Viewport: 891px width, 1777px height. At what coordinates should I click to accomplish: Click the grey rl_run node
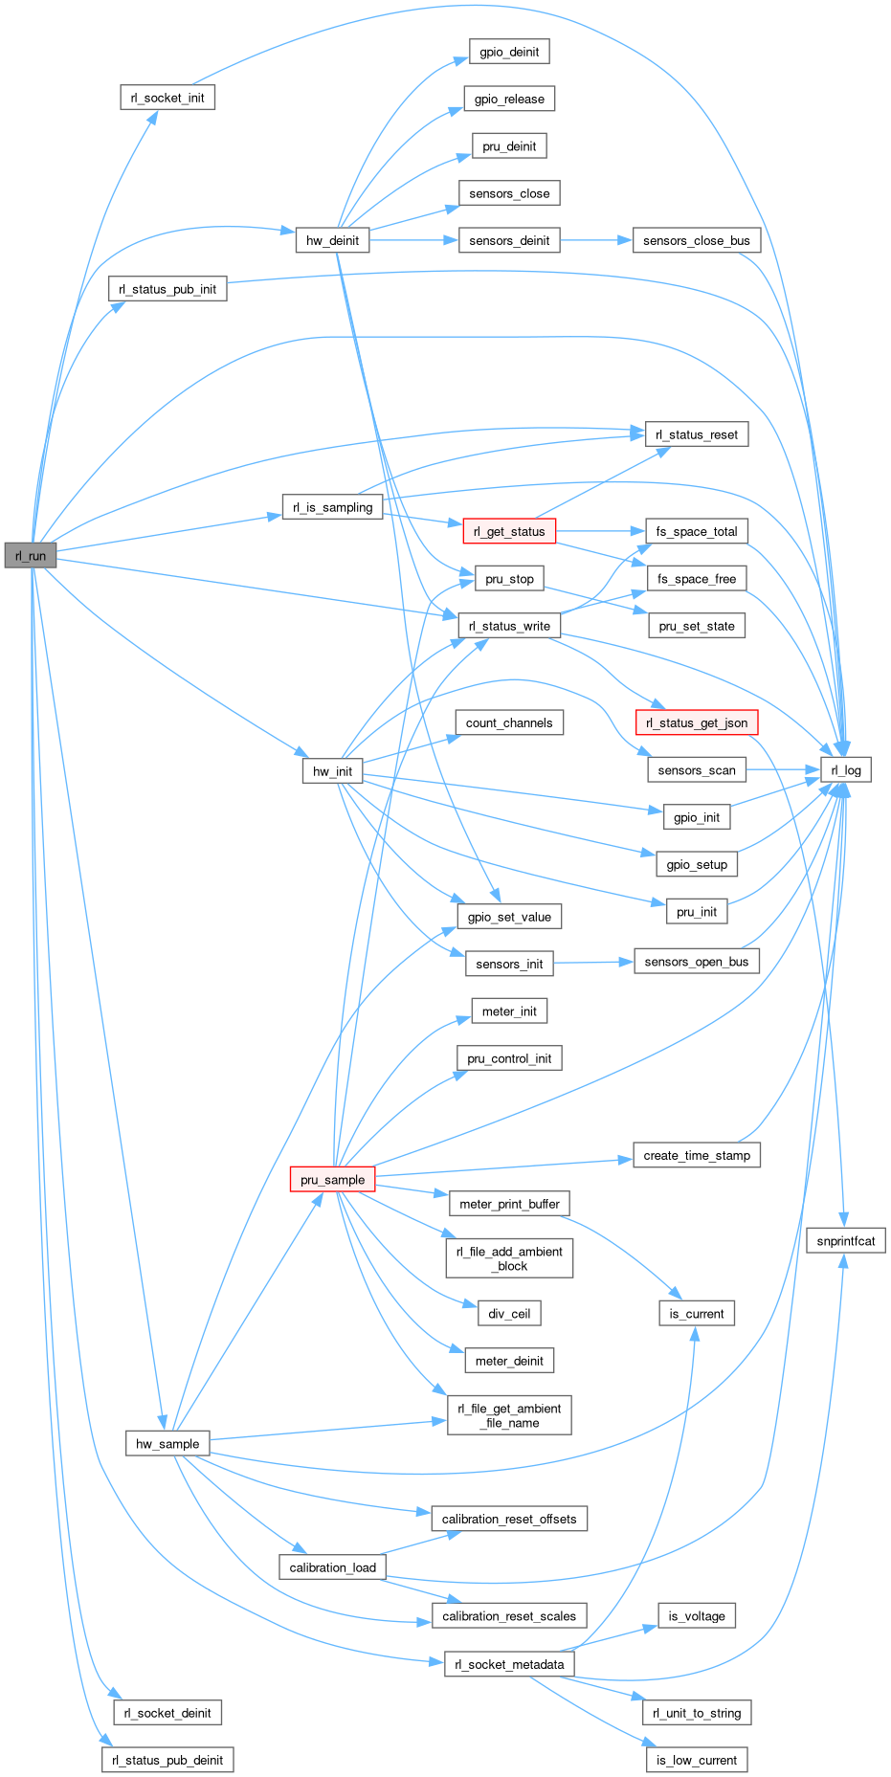pyautogui.click(x=31, y=555)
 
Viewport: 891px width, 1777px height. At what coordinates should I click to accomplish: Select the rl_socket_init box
pyautogui.click(x=167, y=98)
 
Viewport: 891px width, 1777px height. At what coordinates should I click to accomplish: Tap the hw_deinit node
pyautogui.click(x=332, y=240)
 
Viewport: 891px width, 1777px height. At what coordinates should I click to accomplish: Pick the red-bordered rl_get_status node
pyautogui.click(x=508, y=532)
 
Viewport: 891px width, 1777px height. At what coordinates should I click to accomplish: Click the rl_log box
pyautogui.click(x=845, y=769)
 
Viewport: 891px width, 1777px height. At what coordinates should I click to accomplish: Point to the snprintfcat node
pyautogui.click(x=846, y=1240)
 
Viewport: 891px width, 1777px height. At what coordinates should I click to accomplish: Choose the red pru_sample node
pyautogui.click(x=332, y=1179)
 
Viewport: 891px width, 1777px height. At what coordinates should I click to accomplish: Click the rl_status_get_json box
pyautogui.click(x=696, y=722)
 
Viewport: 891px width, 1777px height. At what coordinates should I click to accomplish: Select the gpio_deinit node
pyautogui.click(x=509, y=52)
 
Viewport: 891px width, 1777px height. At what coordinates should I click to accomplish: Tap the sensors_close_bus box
pyautogui.click(x=696, y=240)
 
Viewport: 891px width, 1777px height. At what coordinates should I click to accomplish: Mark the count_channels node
pyautogui.click(x=509, y=722)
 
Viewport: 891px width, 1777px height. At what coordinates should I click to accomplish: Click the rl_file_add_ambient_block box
pyautogui.click(x=509, y=1258)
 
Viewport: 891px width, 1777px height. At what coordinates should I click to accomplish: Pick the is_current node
pyautogui.click(x=697, y=1313)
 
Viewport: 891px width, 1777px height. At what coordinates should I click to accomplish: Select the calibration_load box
pyautogui.click(x=332, y=1567)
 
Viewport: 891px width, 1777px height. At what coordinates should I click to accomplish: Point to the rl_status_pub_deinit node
pyautogui.click(x=167, y=1760)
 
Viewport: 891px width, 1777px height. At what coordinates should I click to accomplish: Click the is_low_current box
pyautogui.click(x=696, y=1760)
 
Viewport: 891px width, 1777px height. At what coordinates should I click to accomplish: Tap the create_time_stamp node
pyautogui.click(x=696, y=1155)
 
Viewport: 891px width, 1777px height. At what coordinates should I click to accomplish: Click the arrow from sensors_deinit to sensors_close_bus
pyautogui.click(x=595, y=240)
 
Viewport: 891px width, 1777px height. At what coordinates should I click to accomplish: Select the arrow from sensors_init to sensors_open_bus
pyautogui.click(x=593, y=962)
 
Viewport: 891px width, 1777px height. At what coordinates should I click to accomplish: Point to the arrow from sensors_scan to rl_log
pyautogui.click(x=783, y=769)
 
